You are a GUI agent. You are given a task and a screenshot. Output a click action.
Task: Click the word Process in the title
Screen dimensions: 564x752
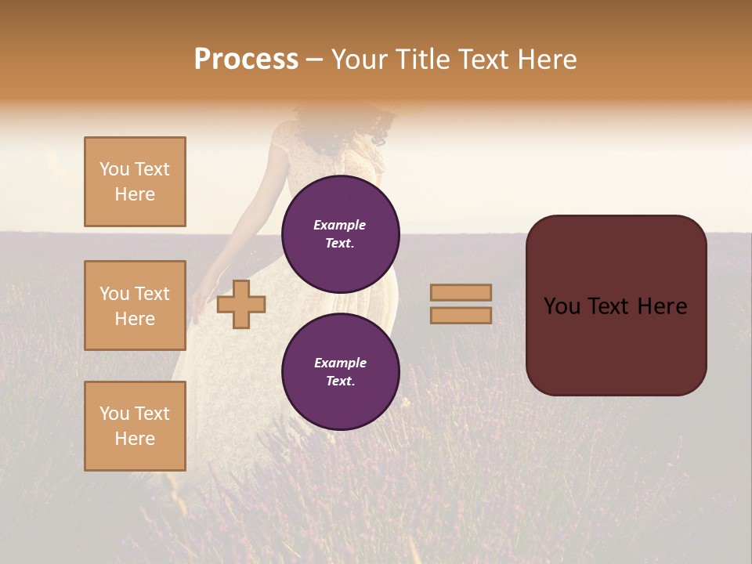click(x=246, y=60)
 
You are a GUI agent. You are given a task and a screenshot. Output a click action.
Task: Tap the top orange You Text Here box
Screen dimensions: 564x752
click(x=135, y=182)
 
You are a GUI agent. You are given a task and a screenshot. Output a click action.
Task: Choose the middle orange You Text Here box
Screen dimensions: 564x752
click(x=135, y=305)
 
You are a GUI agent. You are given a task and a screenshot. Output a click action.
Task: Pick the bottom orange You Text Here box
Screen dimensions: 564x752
click(x=135, y=426)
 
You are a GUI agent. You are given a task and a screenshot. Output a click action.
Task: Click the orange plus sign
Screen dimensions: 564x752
click(x=241, y=304)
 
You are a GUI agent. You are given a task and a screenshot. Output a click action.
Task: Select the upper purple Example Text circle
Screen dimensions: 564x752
click(x=340, y=233)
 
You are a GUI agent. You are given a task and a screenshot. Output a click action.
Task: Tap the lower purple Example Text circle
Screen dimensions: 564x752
click(x=340, y=371)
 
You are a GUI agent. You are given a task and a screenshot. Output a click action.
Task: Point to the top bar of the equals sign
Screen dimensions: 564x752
click(x=461, y=292)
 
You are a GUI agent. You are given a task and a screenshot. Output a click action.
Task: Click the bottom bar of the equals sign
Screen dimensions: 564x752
click(x=461, y=315)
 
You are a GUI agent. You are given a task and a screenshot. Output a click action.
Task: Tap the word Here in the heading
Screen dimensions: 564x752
click(x=547, y=60)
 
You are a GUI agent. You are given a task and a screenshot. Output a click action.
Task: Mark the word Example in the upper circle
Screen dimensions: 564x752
click(x=339, y=225)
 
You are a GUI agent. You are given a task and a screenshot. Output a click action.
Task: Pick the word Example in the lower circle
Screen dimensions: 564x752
click(x=340, y=363)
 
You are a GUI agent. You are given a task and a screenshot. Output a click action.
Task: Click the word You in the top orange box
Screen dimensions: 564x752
click(x=114, y=169)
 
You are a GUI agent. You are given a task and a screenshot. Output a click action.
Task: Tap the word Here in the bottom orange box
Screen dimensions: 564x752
click(x=135, y=439)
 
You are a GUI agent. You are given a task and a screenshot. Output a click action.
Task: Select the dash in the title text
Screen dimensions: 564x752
click(x=314, y=60)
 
